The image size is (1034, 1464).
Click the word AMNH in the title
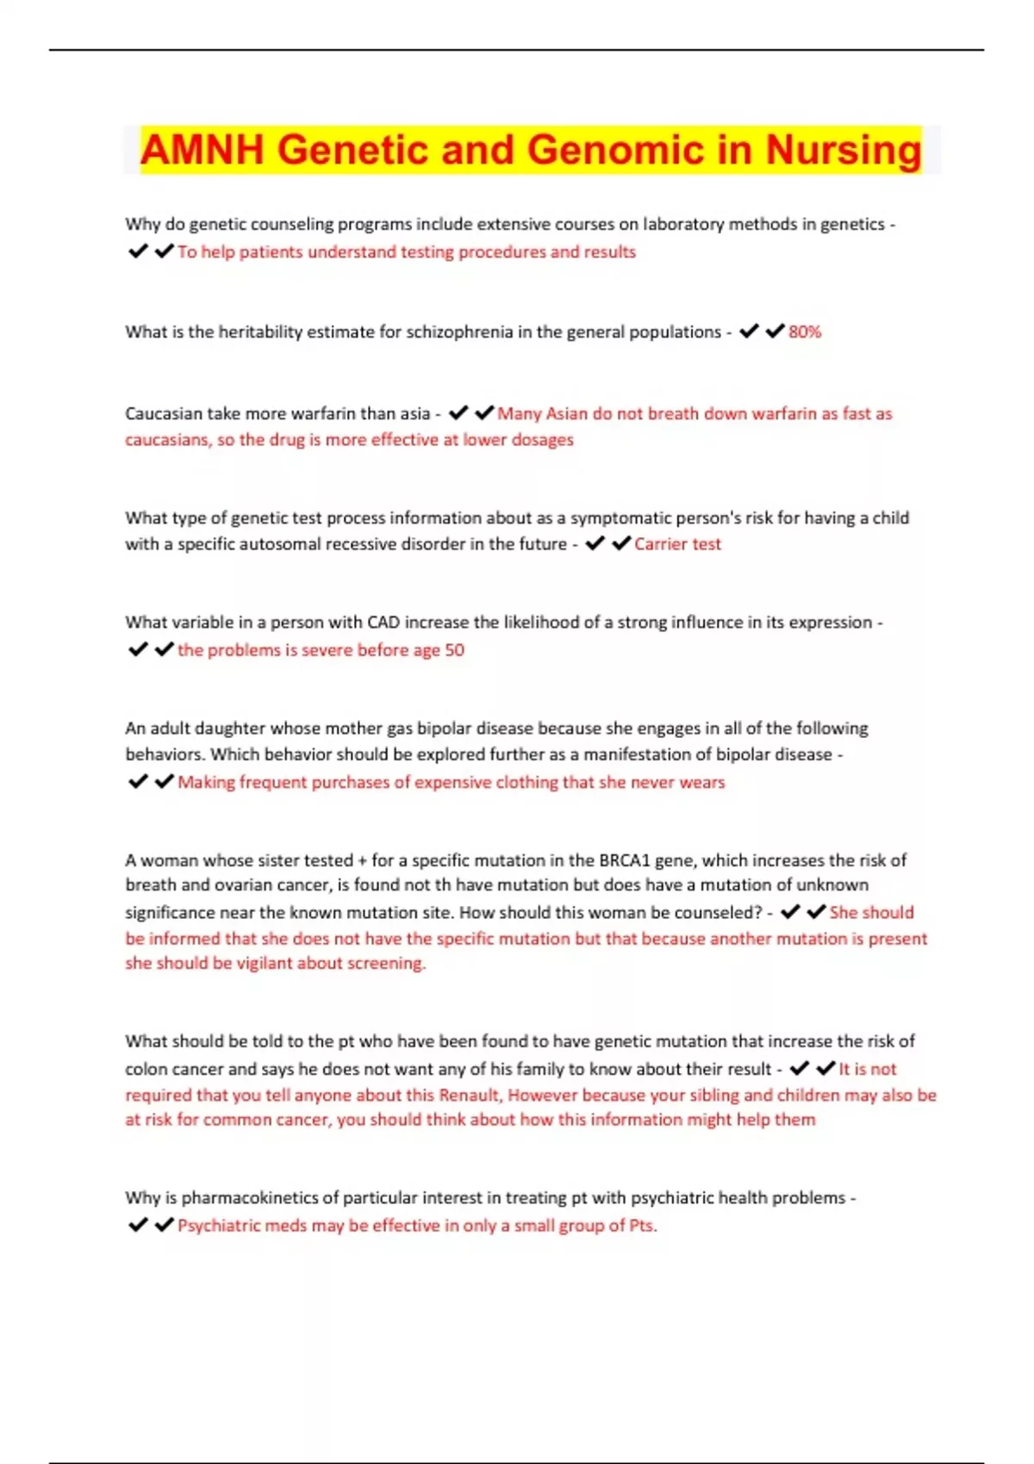202,150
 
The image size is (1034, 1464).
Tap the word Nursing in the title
844,150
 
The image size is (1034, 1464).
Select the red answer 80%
805,332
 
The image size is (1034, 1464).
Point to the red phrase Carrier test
677,544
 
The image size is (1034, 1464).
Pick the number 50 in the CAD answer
454,650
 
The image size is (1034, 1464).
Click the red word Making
206,782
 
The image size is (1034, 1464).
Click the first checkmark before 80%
749,331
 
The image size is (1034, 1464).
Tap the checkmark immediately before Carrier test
621,543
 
